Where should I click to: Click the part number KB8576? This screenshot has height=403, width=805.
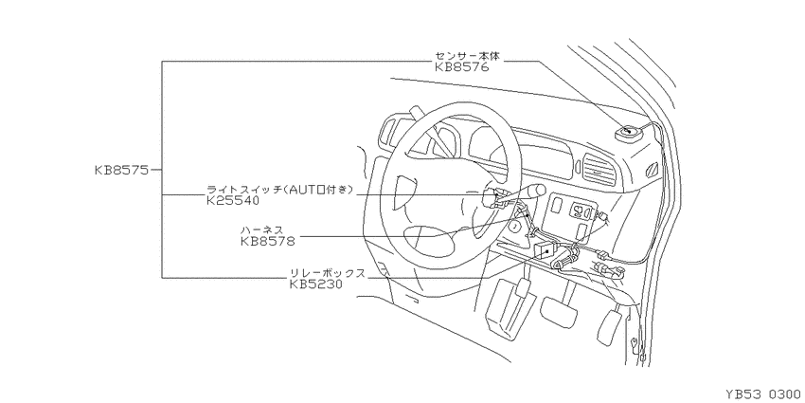pyautogui.click(x=462, y=66)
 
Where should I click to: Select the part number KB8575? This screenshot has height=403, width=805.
pyautogui.click(x=121, y=170)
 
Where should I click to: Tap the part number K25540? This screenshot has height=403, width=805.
pyautogui.click(x=233, y=201)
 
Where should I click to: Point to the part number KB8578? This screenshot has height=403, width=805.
pyautogui.click(x=267, y=241)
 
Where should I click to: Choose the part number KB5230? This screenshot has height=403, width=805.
pyautogui.click(x=315, y=284)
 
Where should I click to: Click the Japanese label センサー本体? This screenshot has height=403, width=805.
pyautogui.click(x=467, y=56)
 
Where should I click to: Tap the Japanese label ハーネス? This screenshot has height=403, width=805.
pyautogui.click(x=261, y=229)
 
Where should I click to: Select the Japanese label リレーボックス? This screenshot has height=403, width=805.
pyautogui.click(x=328, y=273)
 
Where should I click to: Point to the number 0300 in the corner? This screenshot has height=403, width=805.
pyautogui.click(x=784, y=394)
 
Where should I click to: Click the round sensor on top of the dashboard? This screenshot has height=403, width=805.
pyautogui.click(x=629, y=133)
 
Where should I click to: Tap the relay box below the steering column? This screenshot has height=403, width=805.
pyautogui.click(x=546, y=251)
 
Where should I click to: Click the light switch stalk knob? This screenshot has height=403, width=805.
pyautogui.click(x=535, y=191)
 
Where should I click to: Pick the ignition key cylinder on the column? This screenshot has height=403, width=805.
pyautogui.click(x=514, y=225)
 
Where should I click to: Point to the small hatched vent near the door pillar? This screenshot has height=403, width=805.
pyautogui.click(x=653, y=169)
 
